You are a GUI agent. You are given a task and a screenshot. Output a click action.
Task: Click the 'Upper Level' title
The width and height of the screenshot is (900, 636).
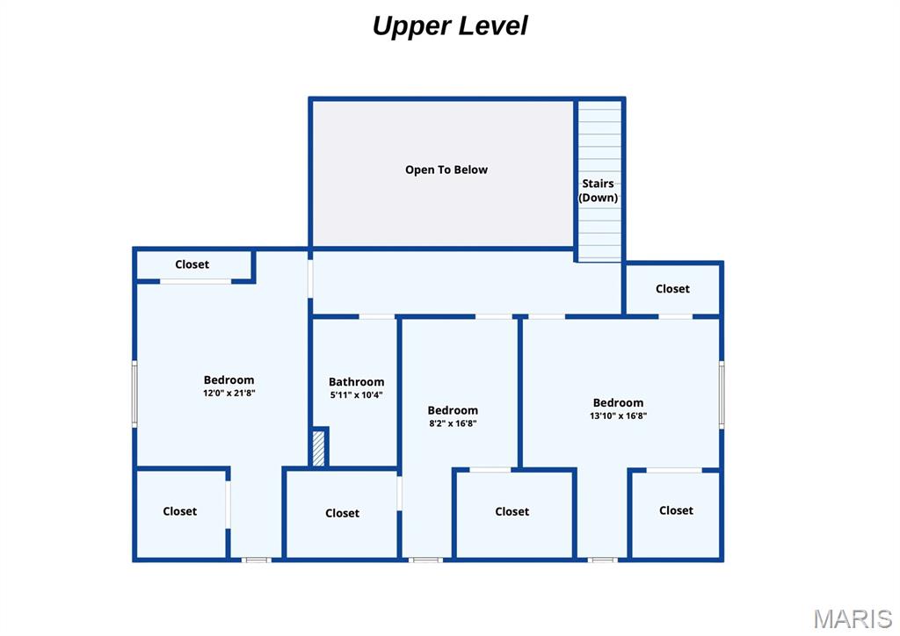coord(449,25)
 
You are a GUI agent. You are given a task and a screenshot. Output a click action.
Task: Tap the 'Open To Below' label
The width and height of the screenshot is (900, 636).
coord(446,170)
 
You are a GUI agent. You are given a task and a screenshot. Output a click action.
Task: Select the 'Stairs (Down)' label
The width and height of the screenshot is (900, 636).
coord(598,191)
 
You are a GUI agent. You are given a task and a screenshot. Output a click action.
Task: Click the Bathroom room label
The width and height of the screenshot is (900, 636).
coord(356,381)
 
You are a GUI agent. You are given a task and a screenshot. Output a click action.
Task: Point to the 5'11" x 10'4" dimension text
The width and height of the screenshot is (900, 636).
coord(356,394)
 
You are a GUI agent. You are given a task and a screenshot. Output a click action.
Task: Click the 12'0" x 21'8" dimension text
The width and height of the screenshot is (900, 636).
coord(229,393)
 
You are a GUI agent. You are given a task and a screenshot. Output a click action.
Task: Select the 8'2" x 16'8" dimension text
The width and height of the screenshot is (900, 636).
coord(453,423)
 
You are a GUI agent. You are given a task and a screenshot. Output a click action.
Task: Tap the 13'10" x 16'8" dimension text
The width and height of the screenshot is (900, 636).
coord(618,416)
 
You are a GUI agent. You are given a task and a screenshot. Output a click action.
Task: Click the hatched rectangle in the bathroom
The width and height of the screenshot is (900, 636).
coord(319,448)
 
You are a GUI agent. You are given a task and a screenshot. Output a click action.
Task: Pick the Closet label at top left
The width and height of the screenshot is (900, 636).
coord(192,264)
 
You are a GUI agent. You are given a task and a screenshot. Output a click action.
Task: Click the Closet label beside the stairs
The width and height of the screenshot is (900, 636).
coord(672,288)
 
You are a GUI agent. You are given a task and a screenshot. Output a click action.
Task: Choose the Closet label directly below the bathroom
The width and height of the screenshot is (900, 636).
coord(342,513)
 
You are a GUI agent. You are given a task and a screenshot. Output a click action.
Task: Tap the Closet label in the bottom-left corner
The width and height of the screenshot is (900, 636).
coord(179,511)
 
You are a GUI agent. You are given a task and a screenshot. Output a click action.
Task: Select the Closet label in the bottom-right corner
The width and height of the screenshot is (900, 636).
coord(676,510)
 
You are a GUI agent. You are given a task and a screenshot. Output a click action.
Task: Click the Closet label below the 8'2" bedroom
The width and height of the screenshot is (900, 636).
coord(512,511)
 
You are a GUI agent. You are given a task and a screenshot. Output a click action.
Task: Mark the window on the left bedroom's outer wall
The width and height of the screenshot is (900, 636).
coord(134,394)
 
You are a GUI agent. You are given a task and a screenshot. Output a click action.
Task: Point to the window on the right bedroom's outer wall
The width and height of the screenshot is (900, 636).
coord(722,394)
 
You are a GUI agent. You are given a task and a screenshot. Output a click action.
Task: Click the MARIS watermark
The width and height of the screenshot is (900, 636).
coord(852,618)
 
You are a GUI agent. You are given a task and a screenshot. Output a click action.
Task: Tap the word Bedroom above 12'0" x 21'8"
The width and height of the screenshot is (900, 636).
coord(229,379)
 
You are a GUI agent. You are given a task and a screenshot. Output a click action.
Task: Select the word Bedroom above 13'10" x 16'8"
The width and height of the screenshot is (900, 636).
coord(618,402)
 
